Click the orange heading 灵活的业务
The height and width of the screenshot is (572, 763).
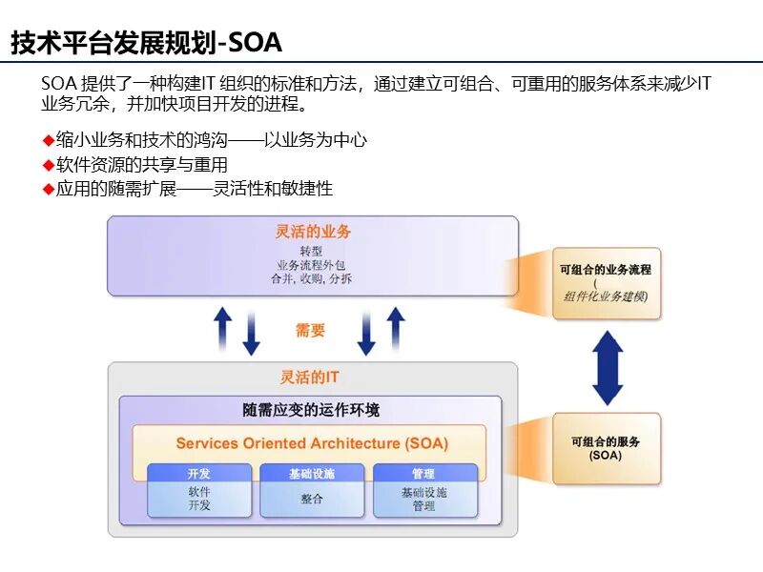(x=313, y=232)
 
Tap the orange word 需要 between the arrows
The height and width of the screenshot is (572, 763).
(x=310, y=331)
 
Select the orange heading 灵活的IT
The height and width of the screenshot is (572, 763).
(x=309, y=378)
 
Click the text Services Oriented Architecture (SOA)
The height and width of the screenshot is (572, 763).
(x=312, y=443)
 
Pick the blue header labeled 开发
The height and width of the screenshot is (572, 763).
(x=199, y=474)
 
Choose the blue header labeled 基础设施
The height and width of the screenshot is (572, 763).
(x=312, y=474)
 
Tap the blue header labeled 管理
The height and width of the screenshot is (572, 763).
(x=423, y=474)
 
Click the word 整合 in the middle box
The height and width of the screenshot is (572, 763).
(x=312, y=499)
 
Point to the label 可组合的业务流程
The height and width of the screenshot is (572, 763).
(x=606, y=270)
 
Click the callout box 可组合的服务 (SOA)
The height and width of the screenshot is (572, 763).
(x=606, y=448)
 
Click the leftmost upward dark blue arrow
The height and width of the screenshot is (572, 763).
(x=222, y=327)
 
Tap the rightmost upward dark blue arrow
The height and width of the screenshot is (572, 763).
(x=395, y=327)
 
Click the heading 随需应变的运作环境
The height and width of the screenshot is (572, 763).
(x=311, y=410)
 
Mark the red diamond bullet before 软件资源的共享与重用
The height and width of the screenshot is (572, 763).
(x=48, y=165)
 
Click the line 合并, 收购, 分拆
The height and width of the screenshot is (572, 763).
(x=312, y=279)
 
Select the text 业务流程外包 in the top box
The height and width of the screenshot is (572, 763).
(x=312, y=265)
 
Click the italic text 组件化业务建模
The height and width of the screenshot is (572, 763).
(x=606, y=296)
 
